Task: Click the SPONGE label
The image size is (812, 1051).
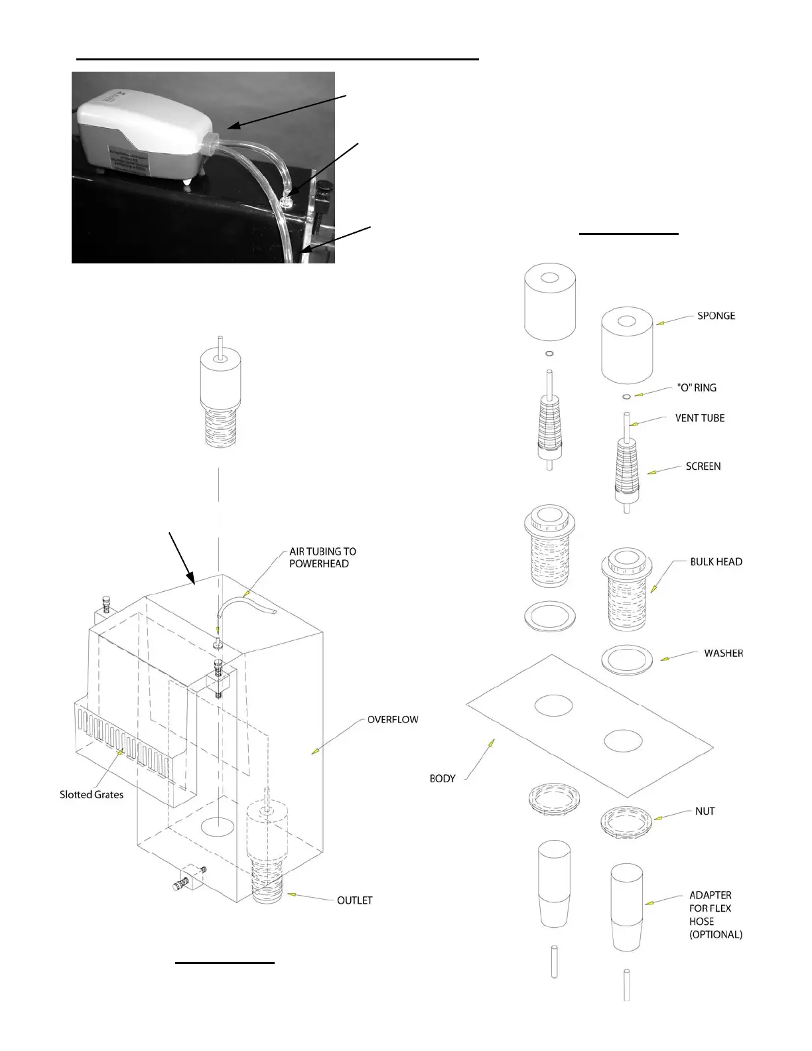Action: pos(716,316)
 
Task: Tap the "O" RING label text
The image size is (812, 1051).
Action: pos(696,387)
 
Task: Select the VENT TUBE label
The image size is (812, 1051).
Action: pos(699,418)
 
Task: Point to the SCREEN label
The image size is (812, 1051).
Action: pos(703,466)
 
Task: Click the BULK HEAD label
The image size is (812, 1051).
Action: pos(716,561)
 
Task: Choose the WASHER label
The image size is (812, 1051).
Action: pos(723,654)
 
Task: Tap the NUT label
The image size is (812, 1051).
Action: pos(705,811)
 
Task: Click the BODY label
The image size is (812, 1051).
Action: pos(442,778)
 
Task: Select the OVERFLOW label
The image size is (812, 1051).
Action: pos(393,719)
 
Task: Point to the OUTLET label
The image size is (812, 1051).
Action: pos(354,900)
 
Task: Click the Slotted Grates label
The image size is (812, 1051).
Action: pos(92,795)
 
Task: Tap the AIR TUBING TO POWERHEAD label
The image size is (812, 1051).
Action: pos(322,557)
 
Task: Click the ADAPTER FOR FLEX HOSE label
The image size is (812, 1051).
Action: pos(714,914)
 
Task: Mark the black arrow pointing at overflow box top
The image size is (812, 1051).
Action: pos(181,557)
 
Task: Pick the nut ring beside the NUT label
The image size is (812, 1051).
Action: pos(626,823)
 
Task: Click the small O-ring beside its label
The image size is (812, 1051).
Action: pos(626,397)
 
